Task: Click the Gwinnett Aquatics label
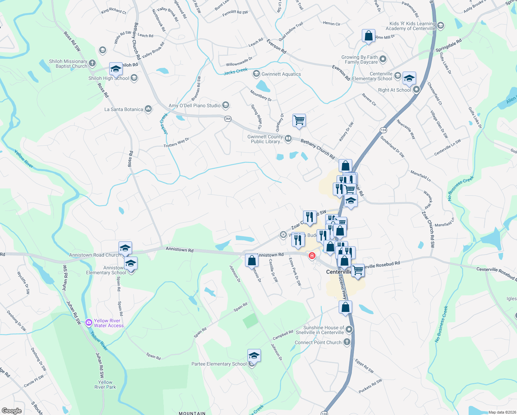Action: [x=281, y=74]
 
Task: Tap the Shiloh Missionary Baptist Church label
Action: [x=68, y=64]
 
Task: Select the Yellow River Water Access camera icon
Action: [x=89, y=323]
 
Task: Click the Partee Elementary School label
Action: [x=219, y=364]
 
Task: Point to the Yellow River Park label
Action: [x=105, y=385]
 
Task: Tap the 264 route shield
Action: [x=228, y=119]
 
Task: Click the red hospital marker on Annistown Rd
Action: [x=312, y=256]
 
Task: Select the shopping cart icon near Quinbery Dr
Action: [x=299, y=120]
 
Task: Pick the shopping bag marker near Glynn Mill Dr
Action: [x=368, y=36]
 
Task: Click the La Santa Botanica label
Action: [x=124, y=109]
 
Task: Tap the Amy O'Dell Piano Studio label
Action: [x=194, y=105]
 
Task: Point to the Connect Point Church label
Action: [x=318, y=342]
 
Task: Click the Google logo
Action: [x=11, y=411]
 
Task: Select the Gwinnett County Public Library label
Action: [x=265, y=139]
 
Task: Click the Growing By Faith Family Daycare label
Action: [x=359, y=59]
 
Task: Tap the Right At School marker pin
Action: [x=416, y=90]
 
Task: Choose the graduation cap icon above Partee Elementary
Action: [x=254, y=356]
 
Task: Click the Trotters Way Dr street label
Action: [x=176, y=142]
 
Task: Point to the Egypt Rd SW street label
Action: [x=364, y=366]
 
